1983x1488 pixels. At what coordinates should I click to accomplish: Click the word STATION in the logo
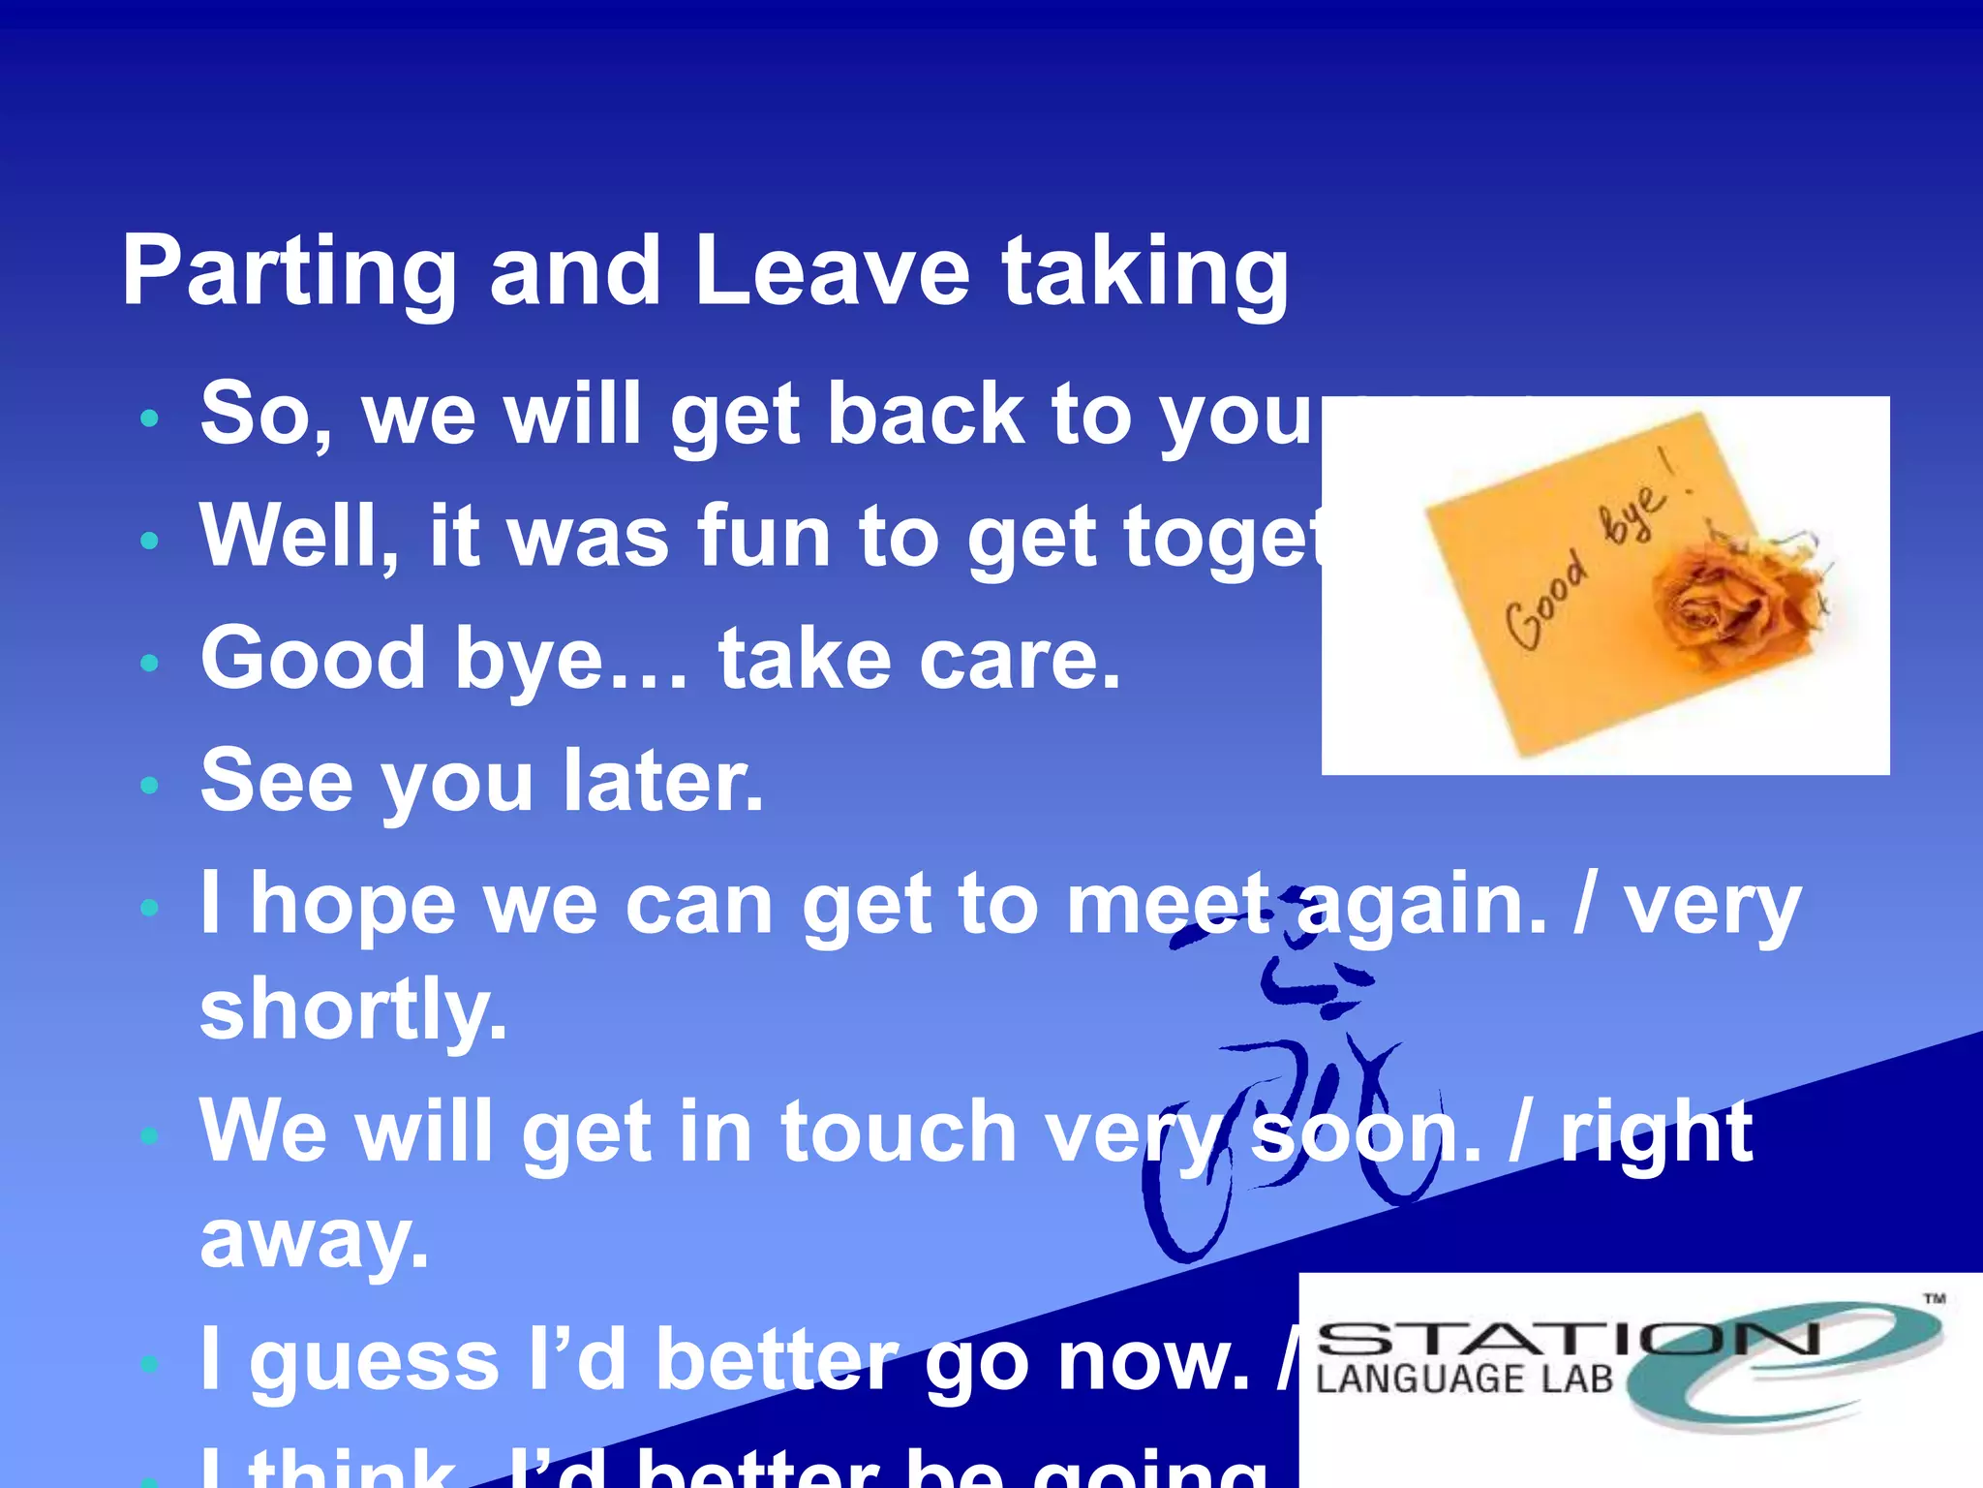(1569, 1341)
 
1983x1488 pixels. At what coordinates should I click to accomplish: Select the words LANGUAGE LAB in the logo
(1464, 1379)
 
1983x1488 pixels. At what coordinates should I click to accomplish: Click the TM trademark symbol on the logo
(1934, 1299)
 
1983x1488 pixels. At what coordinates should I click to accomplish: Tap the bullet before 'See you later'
(149, 784)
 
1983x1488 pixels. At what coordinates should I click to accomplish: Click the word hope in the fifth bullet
(352, 905)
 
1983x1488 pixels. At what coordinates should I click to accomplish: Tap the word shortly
(353, 1010)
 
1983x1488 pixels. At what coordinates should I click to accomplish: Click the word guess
(375, 1362)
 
